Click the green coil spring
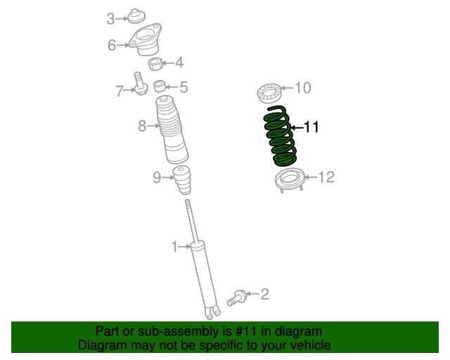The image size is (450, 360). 280,137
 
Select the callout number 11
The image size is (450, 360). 311,127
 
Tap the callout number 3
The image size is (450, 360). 110,19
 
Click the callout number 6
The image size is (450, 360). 112,46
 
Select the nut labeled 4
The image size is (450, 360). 155,64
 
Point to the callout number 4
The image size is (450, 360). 179,63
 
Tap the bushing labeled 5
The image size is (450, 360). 160,87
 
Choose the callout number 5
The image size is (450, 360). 184,88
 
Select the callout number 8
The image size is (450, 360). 141,127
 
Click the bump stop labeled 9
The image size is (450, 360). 183,181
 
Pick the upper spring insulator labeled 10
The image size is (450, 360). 269,92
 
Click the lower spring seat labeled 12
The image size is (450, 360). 288,180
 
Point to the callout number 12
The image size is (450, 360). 327,177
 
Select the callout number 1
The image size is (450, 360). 174,246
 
